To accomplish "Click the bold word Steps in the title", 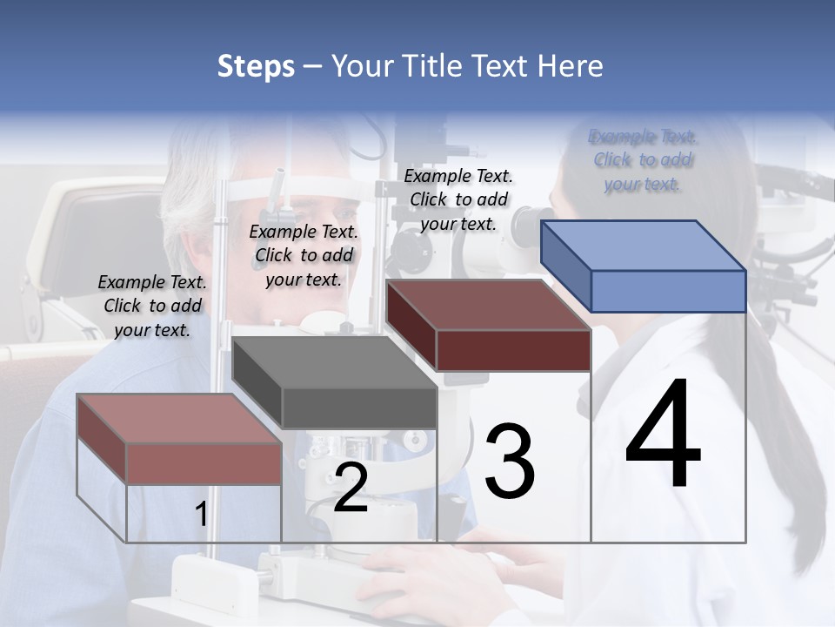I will [256, 66].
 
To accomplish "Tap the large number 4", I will [663, 435].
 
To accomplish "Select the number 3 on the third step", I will [510, 462].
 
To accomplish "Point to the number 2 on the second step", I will [351, 489].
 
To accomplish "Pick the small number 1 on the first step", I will [201, 515].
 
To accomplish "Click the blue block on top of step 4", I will [644, 266].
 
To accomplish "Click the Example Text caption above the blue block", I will [643, 160].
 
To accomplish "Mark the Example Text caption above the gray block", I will [304, 255].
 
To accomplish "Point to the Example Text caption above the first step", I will [152, 306].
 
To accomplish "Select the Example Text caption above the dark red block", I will [458, 199].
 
